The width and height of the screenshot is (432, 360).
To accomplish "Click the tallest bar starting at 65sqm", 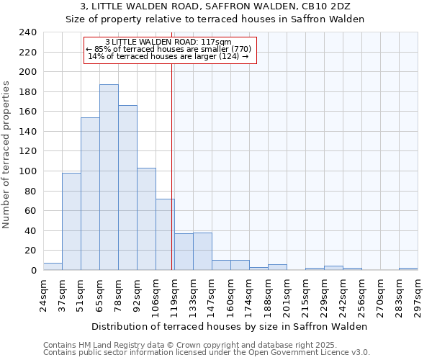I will pyautogui.click(x=109, y=177).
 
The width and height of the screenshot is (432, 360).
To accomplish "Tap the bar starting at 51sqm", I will pyautogui.click(x=90, y=194).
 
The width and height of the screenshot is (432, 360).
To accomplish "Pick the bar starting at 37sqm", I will pyautogui.click(x=71, y=221).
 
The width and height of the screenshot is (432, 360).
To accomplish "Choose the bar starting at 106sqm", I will pyautogui.click(x=165, y=234).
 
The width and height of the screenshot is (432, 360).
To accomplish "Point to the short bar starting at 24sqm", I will pyautogui.click(x=53, y=266).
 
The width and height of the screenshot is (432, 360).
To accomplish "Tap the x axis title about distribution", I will pyautogui.click(x=230, y=326).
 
